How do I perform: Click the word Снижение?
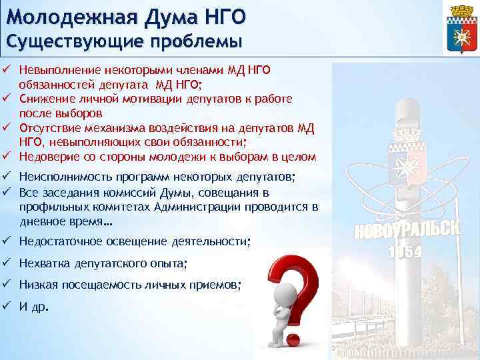[x=42, y=99]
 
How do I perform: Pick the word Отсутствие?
[x=47, y=127]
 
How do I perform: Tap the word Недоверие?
[x=45, y=157]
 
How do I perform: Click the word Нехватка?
[x=43, y=263]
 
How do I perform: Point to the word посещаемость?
[x=97, y=285]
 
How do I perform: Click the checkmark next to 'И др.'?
[x=7, y=307]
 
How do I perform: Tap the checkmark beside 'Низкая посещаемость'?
[x=7, y=285]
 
